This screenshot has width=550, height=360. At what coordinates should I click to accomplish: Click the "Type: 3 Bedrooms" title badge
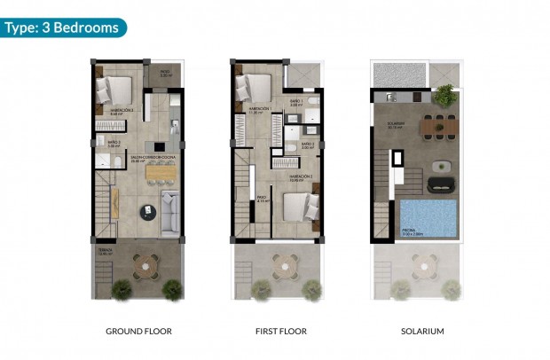coord(62,27)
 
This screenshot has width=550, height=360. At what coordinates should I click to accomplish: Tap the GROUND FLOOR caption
coord(138,332)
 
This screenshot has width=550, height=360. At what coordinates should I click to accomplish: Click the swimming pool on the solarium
coord(428,218)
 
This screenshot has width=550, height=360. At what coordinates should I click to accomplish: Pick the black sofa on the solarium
coord(441,184)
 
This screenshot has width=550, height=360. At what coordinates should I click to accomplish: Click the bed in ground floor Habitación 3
coord(116,90)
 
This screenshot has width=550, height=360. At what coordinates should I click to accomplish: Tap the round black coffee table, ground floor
coord(146,210)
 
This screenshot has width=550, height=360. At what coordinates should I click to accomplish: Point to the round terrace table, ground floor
coord(145,263)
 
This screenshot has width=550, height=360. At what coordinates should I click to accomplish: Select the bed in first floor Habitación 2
coord(300,207)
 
